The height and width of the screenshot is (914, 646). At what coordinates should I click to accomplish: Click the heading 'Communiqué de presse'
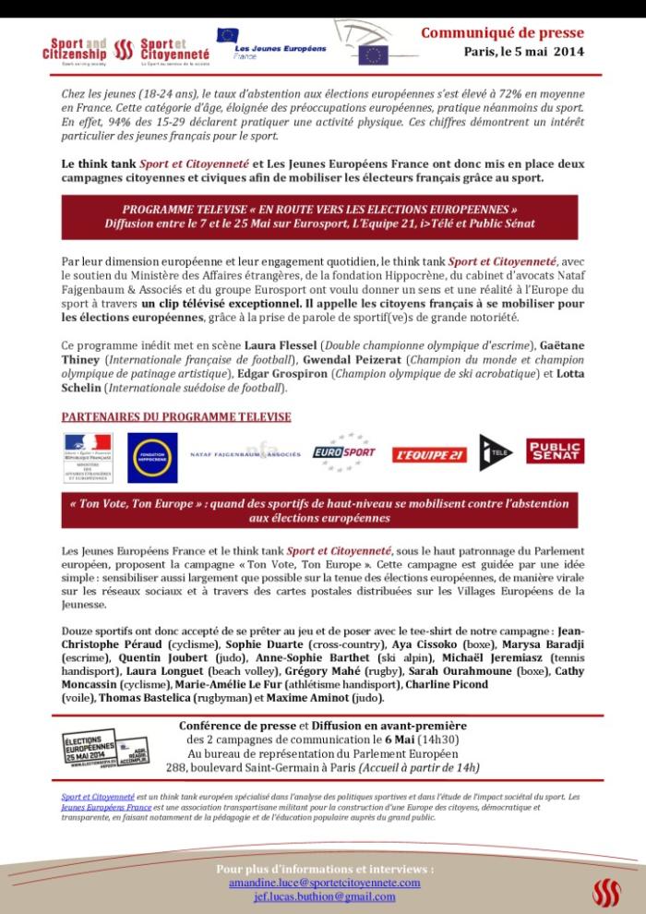pos(502,33)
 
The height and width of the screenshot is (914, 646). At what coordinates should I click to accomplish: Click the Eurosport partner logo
pos(343,452)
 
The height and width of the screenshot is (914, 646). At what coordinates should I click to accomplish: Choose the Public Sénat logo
pos(555,451)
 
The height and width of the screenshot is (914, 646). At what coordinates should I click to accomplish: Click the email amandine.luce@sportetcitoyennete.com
pos(325,883)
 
